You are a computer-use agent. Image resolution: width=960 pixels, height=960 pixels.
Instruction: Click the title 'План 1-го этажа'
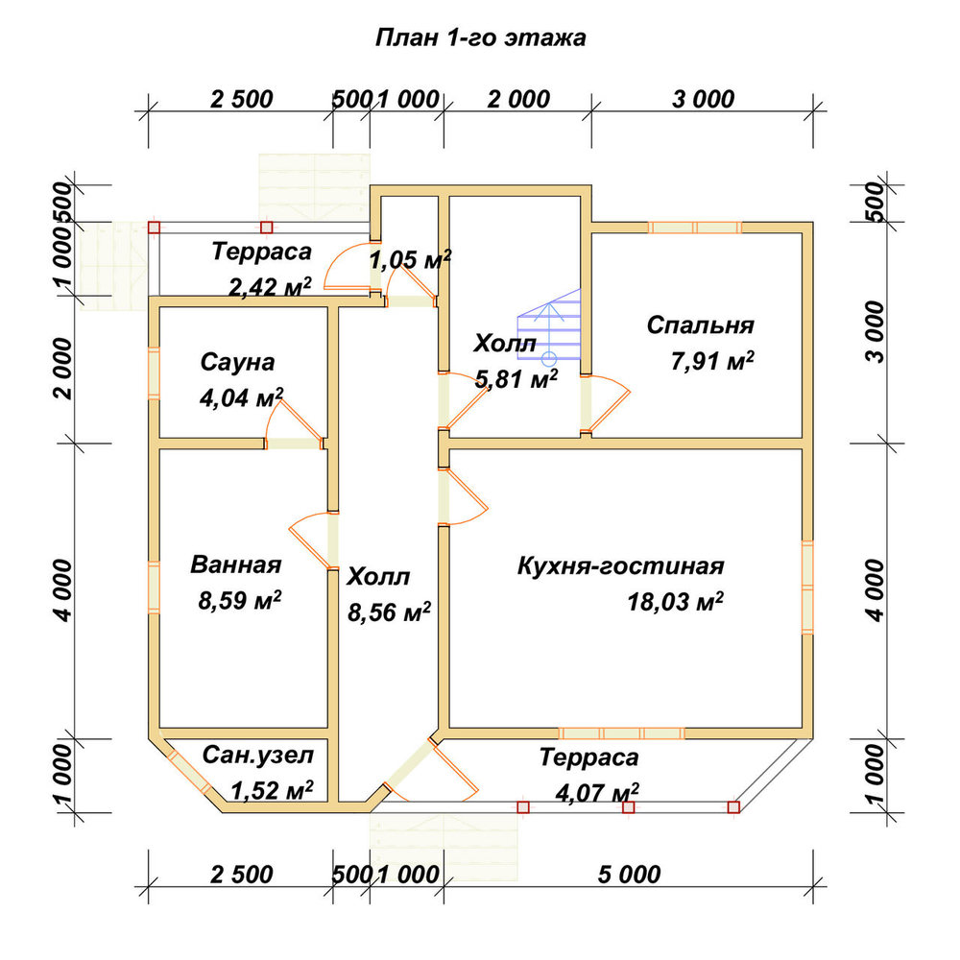[x=480, y=38]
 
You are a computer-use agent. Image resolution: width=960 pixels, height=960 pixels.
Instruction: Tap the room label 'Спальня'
[x=701, y=325]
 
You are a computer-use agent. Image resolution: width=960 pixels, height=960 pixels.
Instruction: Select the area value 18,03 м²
[x=675, y=602]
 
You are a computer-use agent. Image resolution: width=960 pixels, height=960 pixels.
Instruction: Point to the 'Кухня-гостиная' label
[x=621, y=566]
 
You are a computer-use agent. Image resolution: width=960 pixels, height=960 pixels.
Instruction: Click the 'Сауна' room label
[x=237, y=363]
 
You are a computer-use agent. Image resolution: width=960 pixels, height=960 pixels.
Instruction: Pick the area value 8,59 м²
[x=239, y=600]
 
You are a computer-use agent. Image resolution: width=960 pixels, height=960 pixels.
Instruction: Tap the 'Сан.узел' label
[x=257, y=756]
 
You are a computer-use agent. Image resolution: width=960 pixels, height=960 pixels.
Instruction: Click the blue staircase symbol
[x=548, y=327]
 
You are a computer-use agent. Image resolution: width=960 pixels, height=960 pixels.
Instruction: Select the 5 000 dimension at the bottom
[x=630, y=875]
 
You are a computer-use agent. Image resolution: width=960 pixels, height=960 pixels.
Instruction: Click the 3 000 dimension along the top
[x=703, y=99]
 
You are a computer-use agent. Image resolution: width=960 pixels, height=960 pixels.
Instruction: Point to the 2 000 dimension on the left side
[x=63, y=369]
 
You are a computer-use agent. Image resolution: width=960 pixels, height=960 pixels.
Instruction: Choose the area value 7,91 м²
[x=712, y=361]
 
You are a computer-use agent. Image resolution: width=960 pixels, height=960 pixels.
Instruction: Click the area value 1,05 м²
[x=410, y=259]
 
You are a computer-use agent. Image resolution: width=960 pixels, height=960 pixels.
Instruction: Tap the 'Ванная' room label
[x=236, y=564]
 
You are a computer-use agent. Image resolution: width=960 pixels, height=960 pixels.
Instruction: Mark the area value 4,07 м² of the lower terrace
[x=597, y=794]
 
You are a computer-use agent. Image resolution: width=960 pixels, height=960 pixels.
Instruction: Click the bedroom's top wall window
[x=695, y=228]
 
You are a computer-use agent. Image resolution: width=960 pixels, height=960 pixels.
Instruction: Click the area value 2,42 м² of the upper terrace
[x=270, y=286]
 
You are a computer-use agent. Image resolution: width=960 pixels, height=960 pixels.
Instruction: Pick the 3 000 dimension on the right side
[x=876, y=332]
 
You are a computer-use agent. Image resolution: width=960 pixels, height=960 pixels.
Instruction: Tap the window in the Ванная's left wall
[x=154, y=588]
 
